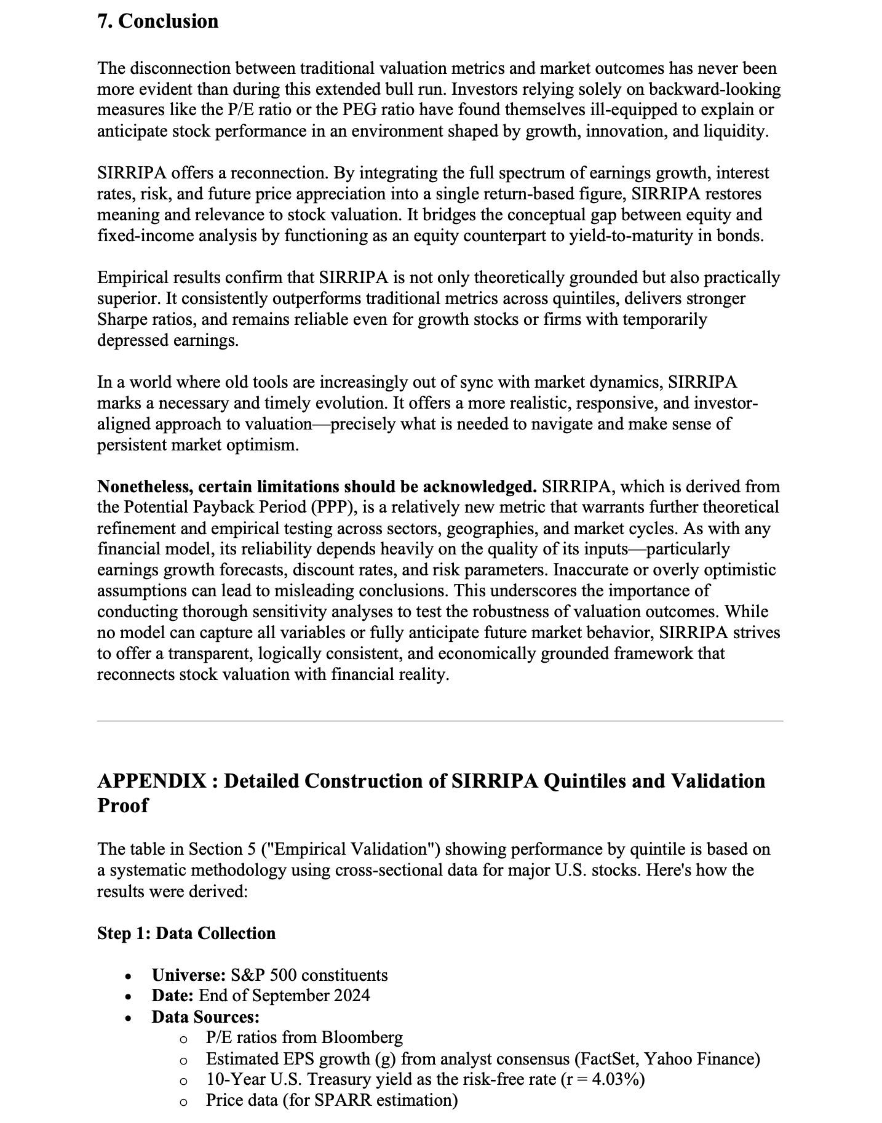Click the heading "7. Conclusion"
point(157,21)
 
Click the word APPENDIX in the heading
point(152,781)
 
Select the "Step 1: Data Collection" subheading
point(186,933)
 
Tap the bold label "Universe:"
point(189,975)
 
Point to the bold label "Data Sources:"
point(205,1017)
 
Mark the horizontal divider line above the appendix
point(440,721)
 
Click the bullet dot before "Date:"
point(128,997)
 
